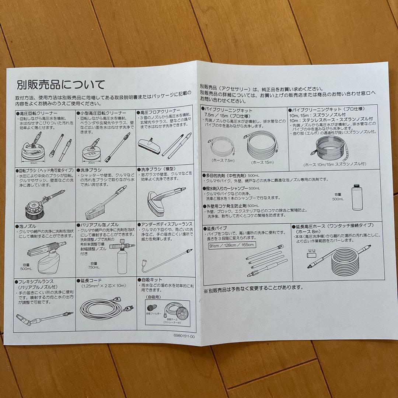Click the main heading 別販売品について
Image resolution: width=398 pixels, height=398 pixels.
(61, 85)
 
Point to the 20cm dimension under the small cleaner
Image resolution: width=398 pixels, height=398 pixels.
(92, 163)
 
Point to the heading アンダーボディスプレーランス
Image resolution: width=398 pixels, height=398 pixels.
(164, 224)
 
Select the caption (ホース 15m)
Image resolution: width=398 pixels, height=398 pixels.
(263, 163)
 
